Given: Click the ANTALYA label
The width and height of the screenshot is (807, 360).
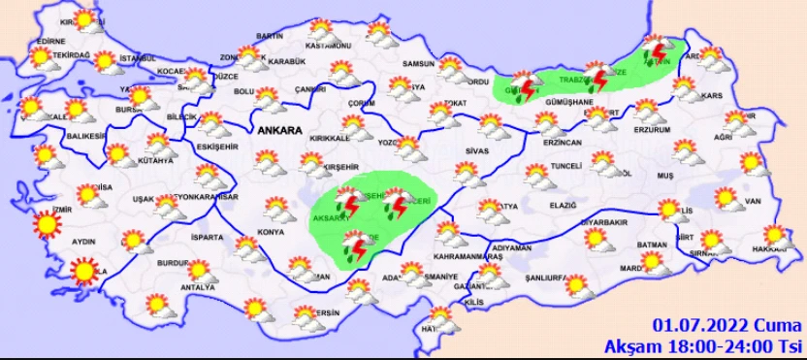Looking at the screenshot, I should coord(198,286).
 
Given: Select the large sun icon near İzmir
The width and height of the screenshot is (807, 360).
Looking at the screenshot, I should coord(45,226).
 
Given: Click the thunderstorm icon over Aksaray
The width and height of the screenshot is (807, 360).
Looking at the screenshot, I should coord(345,205).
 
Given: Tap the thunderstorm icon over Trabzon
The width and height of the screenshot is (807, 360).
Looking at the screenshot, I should coord(598,78).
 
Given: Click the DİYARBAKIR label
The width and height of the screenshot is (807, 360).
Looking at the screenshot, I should coord(605,221).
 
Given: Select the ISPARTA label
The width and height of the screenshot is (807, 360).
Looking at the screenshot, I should coord(208,237).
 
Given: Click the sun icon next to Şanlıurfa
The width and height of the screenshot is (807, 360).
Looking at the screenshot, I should coord(576,285).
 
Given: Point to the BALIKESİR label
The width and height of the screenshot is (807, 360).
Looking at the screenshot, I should coord(84,137).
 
